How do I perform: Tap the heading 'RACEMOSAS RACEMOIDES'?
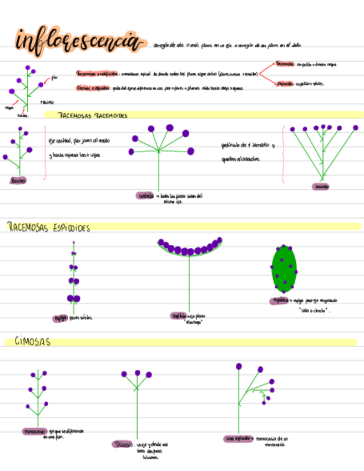coord(93,116)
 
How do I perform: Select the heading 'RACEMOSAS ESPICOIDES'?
coord(49,228)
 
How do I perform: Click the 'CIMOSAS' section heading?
coord(32,342)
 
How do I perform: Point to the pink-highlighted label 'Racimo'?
coord(18,180)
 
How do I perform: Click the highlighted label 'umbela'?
coord(145,196)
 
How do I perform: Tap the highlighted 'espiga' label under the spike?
coord(59,318)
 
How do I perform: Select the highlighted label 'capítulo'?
coord(179,315)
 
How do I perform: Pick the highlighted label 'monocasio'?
coord(34,431)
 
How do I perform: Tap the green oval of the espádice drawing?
coord(284,269)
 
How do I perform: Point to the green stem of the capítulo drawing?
coord(189,283)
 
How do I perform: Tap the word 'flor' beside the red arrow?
coord(54,78)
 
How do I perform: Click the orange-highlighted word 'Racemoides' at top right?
coord(285,64)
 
